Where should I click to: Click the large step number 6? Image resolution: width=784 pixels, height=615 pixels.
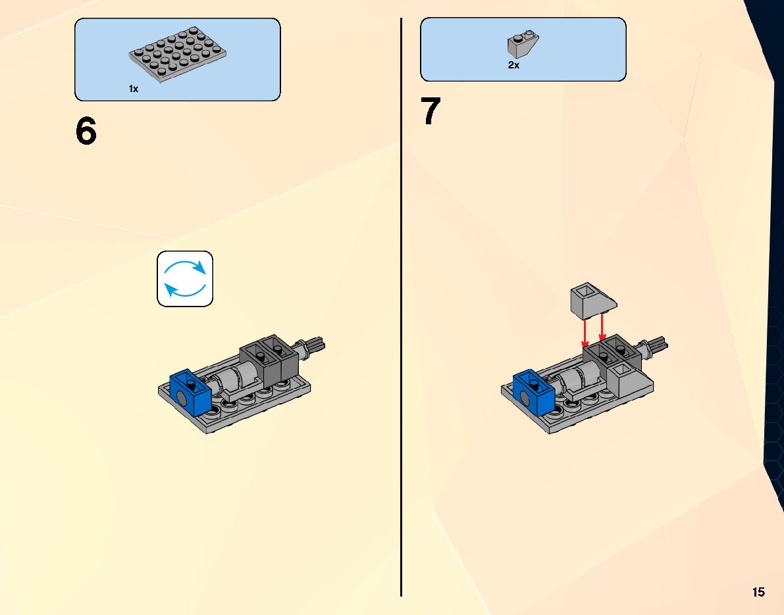pos(86,132)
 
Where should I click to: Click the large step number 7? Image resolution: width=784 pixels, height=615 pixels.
pos(431,112)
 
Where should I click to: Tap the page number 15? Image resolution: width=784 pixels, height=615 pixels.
pos(758,592)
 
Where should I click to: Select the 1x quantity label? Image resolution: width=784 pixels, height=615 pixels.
pos(134,89)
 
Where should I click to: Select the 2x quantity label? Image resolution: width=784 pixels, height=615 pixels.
pos(513,66)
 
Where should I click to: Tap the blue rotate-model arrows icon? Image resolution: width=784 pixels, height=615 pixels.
pos(185,278)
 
